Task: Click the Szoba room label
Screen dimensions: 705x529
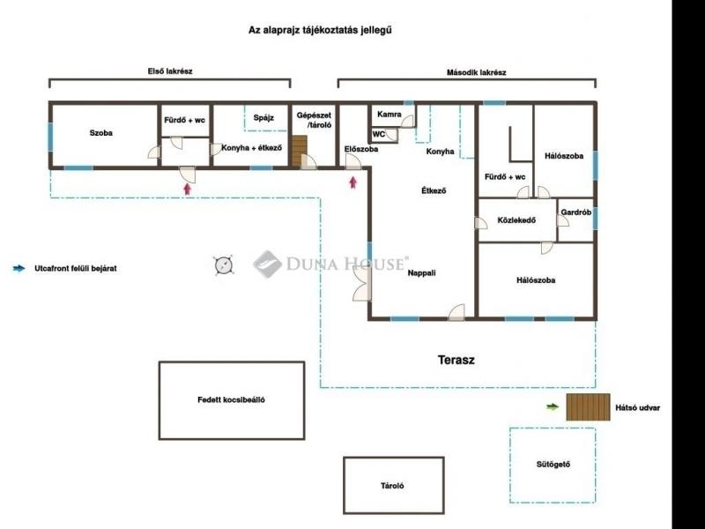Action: tap(100, 133)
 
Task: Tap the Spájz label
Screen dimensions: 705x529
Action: tap(263, 118)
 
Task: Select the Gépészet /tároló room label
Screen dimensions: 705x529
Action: tap(314, 120)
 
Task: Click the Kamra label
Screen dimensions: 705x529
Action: tap(390, 115)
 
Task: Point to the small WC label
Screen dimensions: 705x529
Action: tap(379, 134)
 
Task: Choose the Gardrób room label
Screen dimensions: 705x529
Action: tap(576, 212)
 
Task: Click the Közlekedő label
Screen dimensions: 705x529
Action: tap(516, 220)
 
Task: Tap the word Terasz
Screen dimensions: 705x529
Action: tap(456, 360)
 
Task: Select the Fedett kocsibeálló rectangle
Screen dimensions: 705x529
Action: tap(232, 400)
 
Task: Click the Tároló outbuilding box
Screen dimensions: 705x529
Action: tap(394, 486)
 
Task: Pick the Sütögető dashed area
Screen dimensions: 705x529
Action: tap(553, 465)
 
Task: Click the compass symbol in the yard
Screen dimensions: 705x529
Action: tap(224, 265)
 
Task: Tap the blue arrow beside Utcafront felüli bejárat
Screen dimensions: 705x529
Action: tap(19, 269)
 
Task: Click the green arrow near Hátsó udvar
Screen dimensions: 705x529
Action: tap(553, 407)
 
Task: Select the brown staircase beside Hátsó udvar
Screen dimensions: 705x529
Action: tap(588, 407)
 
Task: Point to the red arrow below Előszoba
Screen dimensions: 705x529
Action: tap(353, 183)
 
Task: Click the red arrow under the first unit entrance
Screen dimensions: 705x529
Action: tap(188, 189)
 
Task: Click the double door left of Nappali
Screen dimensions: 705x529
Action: tap(362, 283)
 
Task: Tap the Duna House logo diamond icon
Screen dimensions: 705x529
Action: tap(267, 264)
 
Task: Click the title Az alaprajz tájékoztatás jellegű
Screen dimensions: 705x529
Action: tap(320, 30)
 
